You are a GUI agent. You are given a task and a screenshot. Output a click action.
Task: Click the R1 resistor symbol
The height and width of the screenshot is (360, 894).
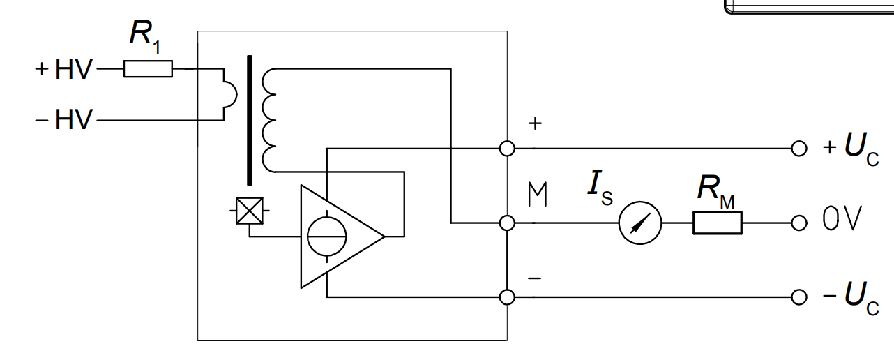148,68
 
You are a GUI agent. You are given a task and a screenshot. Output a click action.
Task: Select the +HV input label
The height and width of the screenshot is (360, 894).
63,69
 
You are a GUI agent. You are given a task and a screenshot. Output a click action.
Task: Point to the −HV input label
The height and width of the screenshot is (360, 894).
63,121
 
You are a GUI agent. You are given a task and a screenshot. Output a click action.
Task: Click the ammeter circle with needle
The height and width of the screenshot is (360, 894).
640,223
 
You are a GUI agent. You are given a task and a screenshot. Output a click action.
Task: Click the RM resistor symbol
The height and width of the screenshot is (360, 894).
717,223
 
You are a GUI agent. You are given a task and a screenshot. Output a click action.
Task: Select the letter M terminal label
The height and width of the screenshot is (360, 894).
537,196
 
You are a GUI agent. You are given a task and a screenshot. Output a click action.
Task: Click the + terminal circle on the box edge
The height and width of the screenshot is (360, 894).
508,149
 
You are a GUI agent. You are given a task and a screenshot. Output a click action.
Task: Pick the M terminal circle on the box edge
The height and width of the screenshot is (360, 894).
508,223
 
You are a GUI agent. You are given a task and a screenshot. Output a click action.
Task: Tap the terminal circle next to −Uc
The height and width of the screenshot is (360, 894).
799,297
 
